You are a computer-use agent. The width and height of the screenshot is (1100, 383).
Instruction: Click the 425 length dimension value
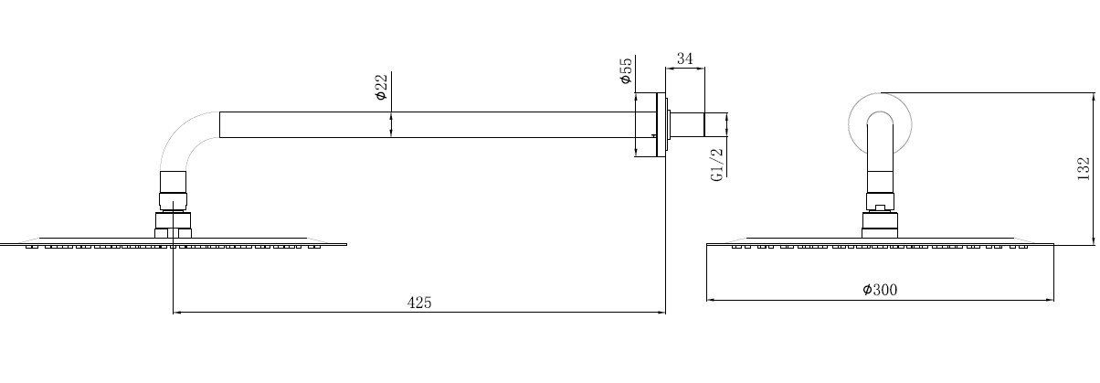419,302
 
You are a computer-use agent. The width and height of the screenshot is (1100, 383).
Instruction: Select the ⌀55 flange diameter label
626,70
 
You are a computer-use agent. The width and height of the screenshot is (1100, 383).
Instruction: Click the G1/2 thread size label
717,164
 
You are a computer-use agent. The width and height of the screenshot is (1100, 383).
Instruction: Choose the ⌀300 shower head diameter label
880,290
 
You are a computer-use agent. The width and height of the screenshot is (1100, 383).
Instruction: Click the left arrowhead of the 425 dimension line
177,313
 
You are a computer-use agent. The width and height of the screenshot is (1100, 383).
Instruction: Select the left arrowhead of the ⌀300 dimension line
712,300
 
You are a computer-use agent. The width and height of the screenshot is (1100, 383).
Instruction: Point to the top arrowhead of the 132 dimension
1092,96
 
